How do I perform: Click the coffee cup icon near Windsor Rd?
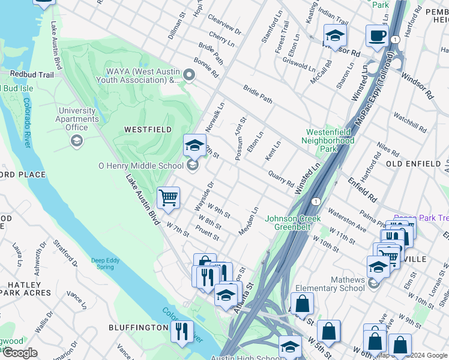click(x=377, y=35)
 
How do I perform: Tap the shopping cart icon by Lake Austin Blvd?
click(x=168, y=197)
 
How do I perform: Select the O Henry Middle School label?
click(x=141, y=166)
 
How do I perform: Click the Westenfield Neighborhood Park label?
click(x=330, y=140)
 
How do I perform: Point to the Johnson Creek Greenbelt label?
click(x=291, y=223)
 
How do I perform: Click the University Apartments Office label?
click(x=77, y=119)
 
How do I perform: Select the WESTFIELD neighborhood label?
click(x=148, y=130)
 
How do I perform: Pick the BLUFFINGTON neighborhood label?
click(x=138, y=328)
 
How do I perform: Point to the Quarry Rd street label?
click(x=281, y=180)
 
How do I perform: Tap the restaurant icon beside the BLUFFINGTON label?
click(x=181, y=331)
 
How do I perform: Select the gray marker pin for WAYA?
click(x=190, y=76)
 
